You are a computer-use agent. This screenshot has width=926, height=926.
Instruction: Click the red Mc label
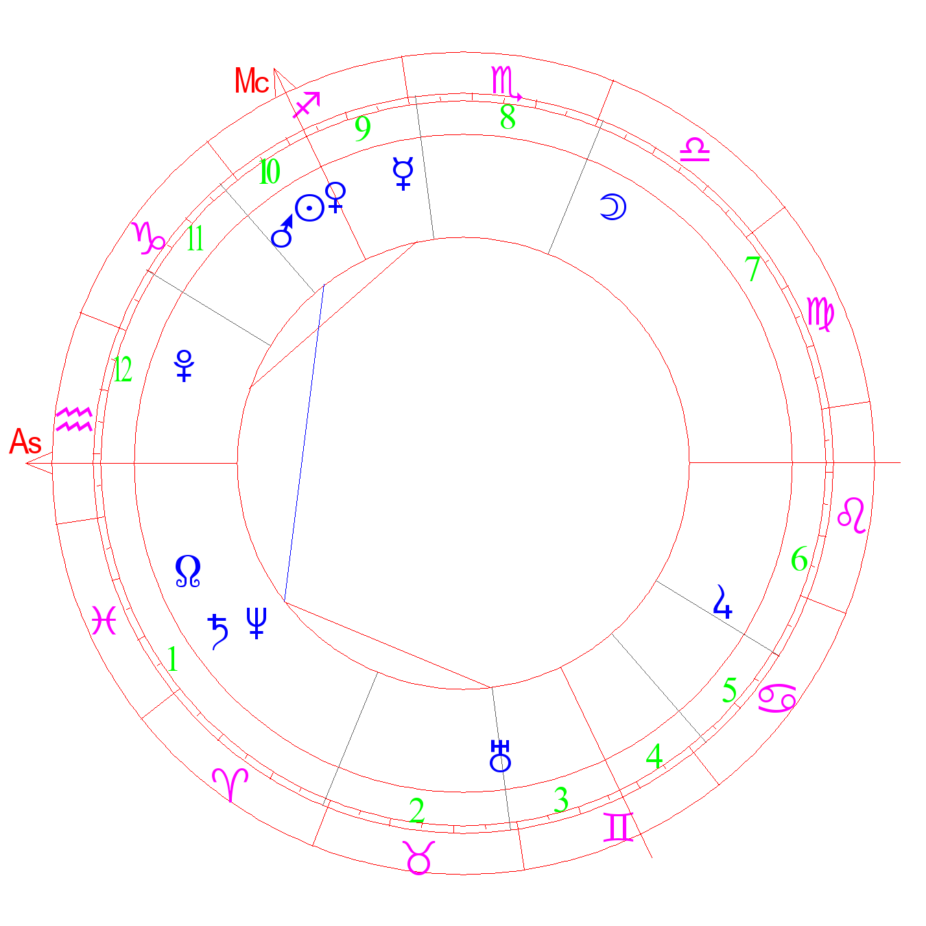click(252, 82)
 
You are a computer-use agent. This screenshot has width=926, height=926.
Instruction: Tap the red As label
click(26, 442)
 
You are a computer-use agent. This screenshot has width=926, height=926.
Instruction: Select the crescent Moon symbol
click(613, 206)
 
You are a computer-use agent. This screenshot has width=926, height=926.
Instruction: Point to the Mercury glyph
click(403, 173)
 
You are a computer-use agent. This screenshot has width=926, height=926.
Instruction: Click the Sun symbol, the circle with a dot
click(309, 208)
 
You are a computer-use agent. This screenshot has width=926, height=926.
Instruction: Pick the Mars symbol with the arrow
click(283, 232)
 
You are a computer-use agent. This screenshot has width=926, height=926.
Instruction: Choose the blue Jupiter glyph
click(722, 602)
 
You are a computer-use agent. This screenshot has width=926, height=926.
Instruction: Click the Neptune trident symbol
click(257, 622)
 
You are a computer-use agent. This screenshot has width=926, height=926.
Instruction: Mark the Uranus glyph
click(501, 756)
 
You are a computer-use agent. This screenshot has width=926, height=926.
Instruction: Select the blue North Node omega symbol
click(188, 571)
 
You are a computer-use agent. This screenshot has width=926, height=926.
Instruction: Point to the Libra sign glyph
click(694, 150)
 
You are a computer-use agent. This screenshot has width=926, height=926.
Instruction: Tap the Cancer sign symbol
click(777, 698)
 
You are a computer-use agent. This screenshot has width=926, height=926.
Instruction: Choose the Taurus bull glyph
click(419, 857)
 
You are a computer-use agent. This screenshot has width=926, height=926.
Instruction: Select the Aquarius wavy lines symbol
click(74, 419)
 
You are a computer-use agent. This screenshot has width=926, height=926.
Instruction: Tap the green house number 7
click(752, 269)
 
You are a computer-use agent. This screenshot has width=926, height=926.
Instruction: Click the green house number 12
click(123, 370)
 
